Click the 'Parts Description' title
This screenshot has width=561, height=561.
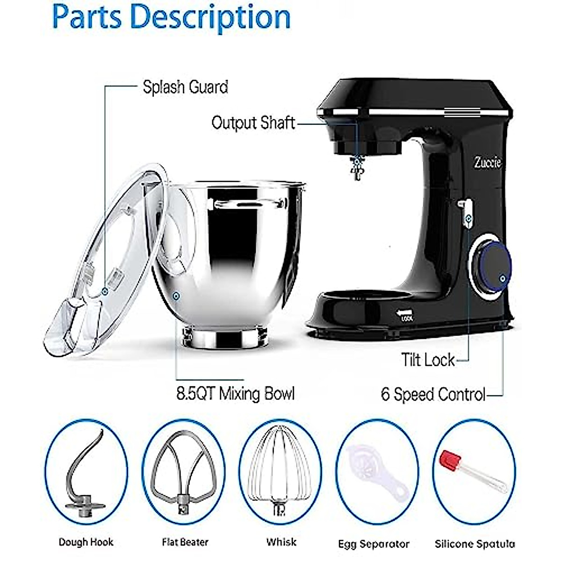pos(171,17)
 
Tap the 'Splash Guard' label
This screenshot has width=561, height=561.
pos(185,87)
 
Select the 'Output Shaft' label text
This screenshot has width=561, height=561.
pos(253,123)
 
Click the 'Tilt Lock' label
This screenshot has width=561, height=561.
pos(427,360)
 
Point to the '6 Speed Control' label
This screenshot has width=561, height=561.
pos(433,395)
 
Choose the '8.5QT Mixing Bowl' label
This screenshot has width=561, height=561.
pos(235,394)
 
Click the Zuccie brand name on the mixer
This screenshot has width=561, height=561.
pos(488,163)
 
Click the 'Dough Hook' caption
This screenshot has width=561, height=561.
pos(86,542)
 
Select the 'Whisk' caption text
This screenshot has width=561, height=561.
pos(281,542)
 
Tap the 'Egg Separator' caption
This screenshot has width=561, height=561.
pos(374,544)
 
